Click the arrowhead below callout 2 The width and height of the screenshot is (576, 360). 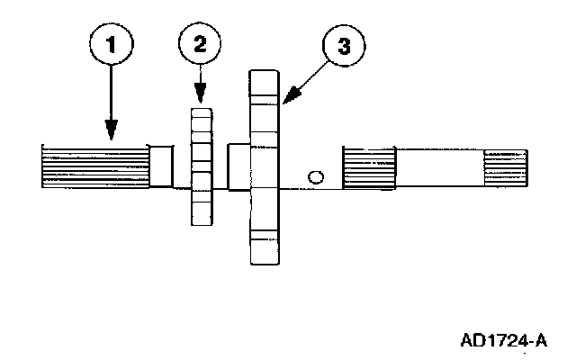tap(200, 97)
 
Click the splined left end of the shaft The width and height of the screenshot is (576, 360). tap(94, 166)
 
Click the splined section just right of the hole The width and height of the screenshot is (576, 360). tap(369, 169)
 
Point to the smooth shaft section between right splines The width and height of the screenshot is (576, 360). tap(440, 169)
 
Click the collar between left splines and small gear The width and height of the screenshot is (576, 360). tap(161, 166)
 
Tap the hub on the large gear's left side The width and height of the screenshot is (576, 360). tap(238, 166)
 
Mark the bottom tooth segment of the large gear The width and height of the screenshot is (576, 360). tap(265, 247)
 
